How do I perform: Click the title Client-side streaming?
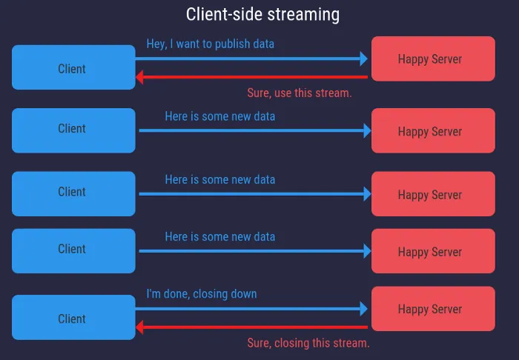tap(262, 14)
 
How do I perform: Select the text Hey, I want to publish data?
tap(210, 44)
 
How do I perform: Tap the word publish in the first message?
tap(233, 44)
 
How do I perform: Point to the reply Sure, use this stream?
tap(299, 93)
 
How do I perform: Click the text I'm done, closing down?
tap(202, 294)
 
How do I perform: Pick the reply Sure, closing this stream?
tap(308, 343)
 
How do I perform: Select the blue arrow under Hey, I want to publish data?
tap(253, 59)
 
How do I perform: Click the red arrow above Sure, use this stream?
tap(252, 76)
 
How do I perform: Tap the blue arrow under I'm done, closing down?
tap(253, 308)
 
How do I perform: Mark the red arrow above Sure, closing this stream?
tap(252, 327)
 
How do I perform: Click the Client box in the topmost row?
tap(73, 67)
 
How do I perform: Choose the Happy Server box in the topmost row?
tap(433, 59)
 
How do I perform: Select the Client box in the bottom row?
tap(73, 318)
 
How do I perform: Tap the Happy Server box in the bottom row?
tap(433, 308)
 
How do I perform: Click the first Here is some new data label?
tap(219, 116)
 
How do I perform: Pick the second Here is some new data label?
tap(219, 179)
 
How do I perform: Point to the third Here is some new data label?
tap(219, 236)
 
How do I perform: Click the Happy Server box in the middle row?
tap(433, 194)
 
